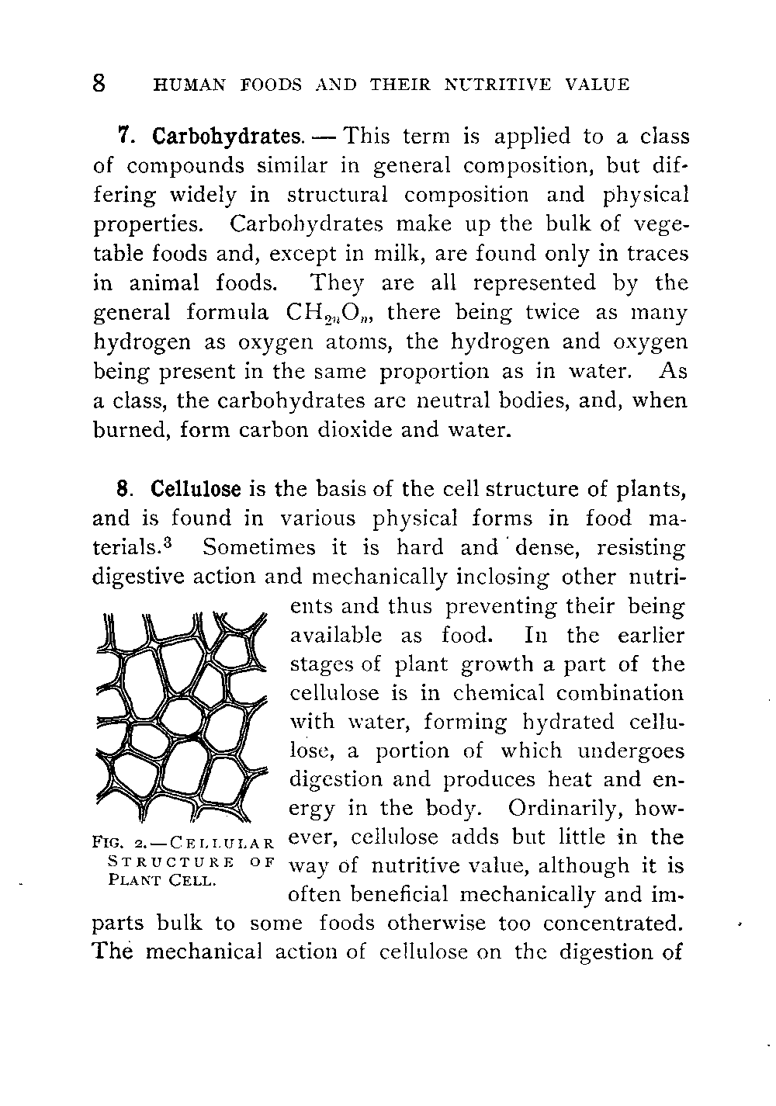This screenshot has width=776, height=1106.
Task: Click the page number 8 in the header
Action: (x=99, y=83)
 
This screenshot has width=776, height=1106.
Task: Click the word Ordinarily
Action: (x=569, y=809)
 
